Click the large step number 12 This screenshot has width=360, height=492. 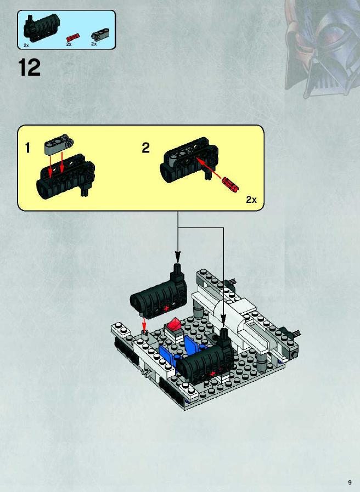click(29, 67)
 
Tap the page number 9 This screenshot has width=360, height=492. click(350, 483)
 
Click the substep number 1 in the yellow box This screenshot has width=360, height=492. click(27, 148)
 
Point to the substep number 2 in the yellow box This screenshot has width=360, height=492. click(145, 148)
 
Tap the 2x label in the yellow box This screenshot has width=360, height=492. click(251, 200)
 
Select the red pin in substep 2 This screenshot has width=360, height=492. click(230, 184)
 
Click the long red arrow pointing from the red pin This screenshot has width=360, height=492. click(210, 169)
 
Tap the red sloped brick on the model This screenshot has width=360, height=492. click(173, 324)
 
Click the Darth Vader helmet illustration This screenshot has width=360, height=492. click(322, 47)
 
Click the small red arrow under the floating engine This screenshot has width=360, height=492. click(144, 323)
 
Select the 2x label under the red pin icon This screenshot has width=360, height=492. click(69, 44)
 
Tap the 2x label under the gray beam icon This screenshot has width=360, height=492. click(94, 44)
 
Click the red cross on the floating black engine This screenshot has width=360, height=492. click(166, 308)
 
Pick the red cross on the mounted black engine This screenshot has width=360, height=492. click(212, 374)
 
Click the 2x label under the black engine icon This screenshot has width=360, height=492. click(26, 46)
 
